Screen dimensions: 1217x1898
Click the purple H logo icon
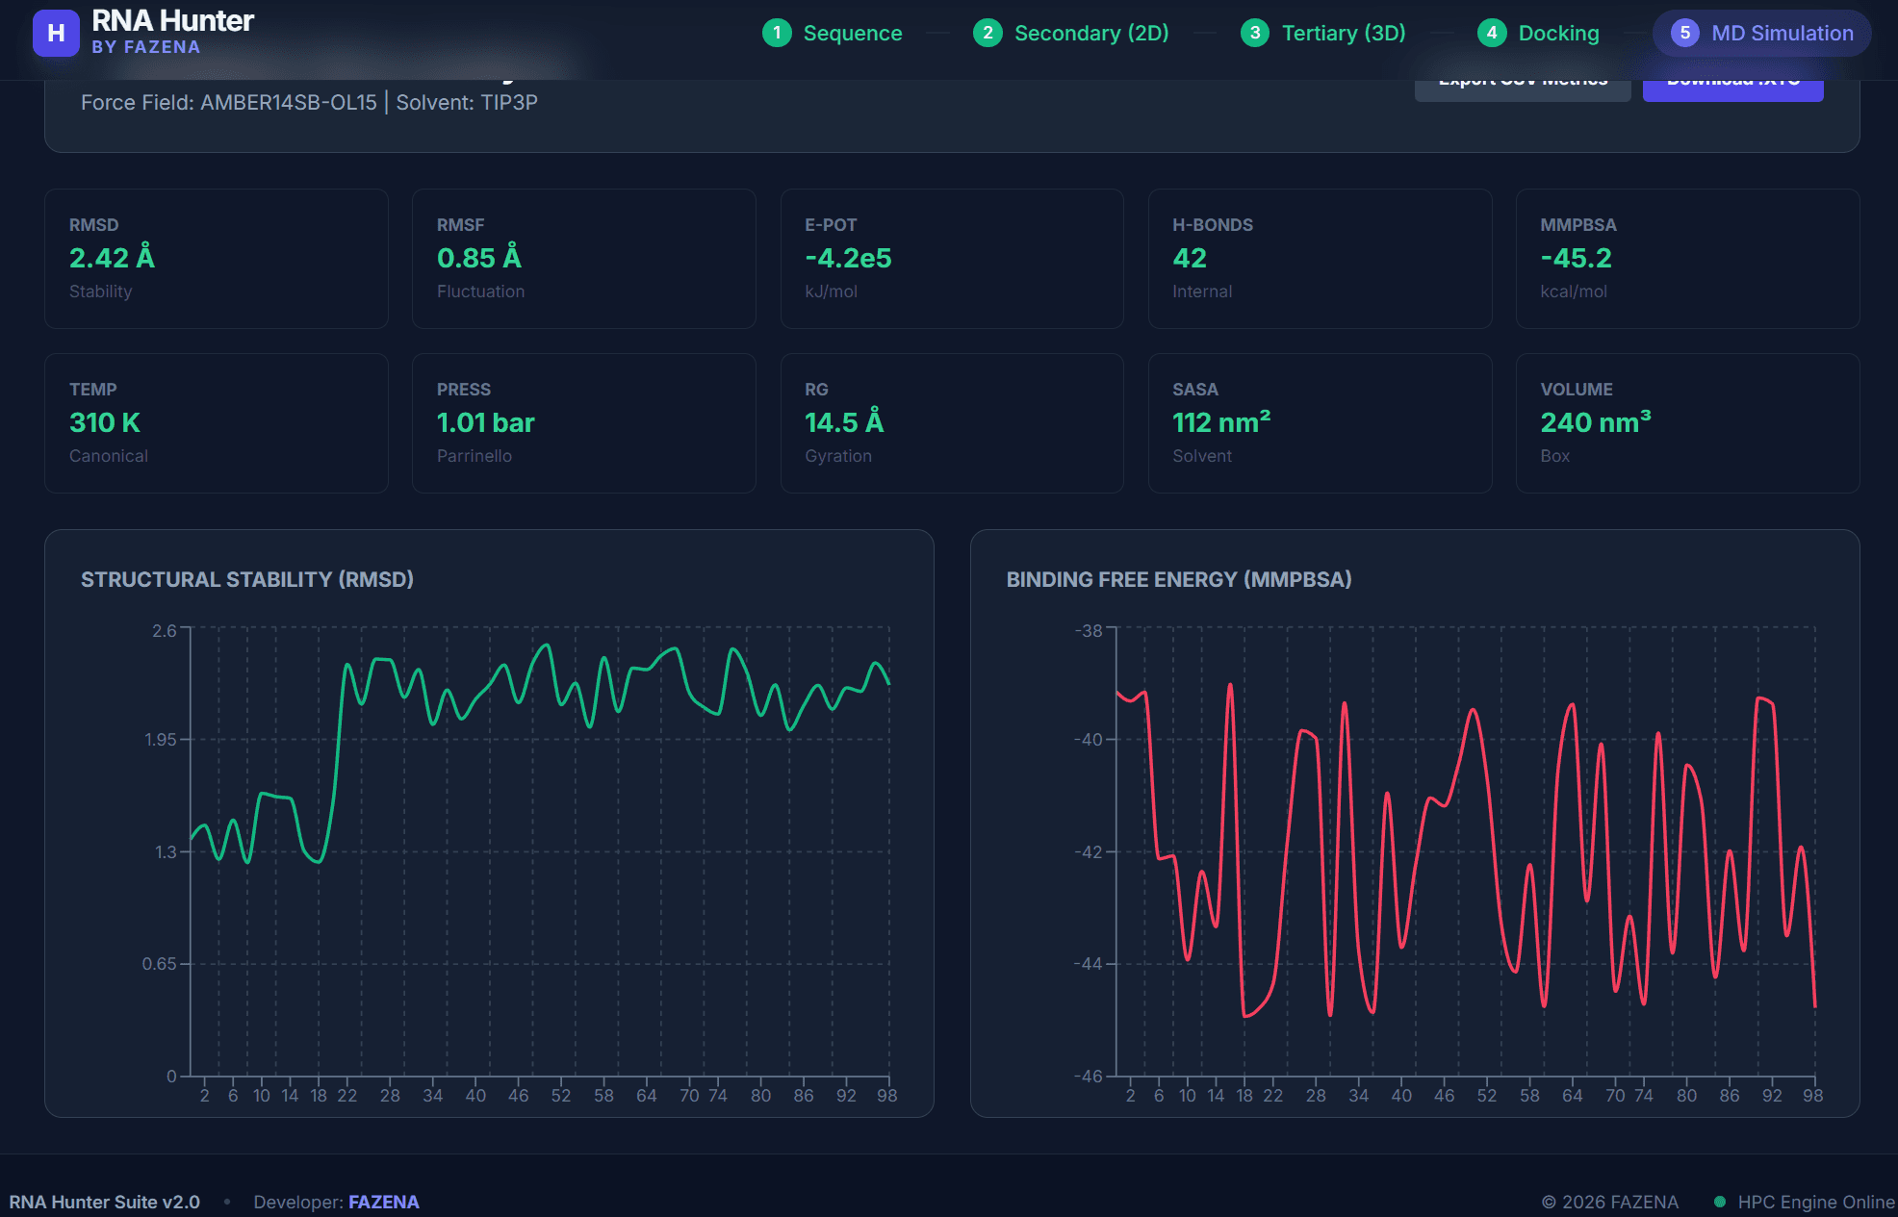click(56, 34)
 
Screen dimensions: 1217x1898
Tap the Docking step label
click(1557, 34)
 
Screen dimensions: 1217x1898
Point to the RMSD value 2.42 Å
click(112, 258)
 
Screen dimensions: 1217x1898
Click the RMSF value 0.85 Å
click(478, 258)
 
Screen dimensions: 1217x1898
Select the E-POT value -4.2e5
click(848, 258)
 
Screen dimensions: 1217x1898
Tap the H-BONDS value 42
click(1189, 258)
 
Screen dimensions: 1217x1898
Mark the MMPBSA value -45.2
click(1576, 258)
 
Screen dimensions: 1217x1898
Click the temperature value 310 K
click(105, 422)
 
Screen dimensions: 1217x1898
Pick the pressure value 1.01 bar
click(485, 422)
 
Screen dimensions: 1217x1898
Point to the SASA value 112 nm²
click(1220, 422)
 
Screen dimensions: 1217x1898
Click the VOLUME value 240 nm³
click(1595, 422)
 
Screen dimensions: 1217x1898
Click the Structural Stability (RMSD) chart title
click(247, 579)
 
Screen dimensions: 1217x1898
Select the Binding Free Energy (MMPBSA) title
click(1178, 579)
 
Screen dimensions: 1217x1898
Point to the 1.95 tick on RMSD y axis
click(161, 740)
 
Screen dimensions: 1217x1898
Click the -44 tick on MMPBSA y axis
click(1089, 964)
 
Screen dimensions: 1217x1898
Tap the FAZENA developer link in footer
click(383, 1202)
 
